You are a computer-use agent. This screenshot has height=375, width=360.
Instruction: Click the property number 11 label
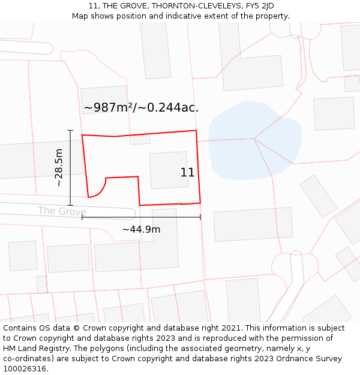(x=187, y=173)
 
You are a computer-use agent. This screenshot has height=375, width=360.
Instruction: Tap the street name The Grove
(x=62, y=211)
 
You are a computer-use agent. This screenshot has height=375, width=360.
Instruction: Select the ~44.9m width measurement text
(x=141, y=229)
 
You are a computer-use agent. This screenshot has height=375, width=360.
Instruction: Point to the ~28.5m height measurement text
(x=59, y=168)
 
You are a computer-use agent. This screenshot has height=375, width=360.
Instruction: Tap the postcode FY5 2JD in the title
(x=259, y=6)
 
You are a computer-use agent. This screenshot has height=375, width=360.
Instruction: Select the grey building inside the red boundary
(x=168, y=170)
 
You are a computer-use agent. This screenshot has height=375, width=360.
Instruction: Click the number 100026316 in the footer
(x=25, y=368)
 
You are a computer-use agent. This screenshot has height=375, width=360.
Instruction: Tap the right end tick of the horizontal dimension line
(x=200, y=217)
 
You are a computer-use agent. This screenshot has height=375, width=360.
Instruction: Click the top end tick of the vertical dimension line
(x=70, y=130)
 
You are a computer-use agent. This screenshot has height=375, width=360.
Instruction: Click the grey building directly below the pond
(x=253, y=224)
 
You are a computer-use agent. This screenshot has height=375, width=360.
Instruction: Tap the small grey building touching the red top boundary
(x=140, y=140)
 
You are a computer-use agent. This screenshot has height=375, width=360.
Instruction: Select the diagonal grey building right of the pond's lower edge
(x=318, y=196)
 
